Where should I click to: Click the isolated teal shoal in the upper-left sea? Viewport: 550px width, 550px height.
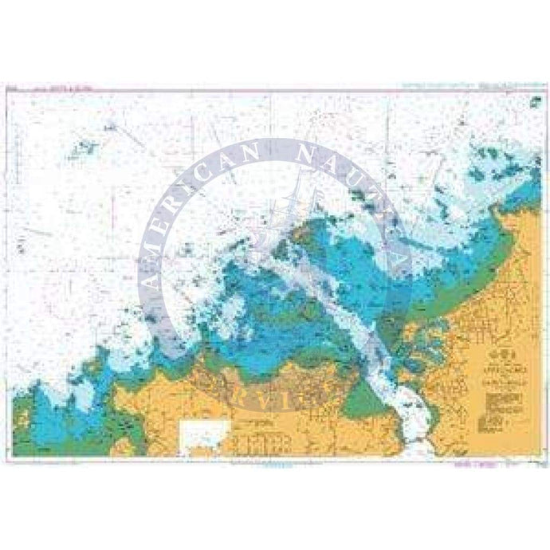84,147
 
